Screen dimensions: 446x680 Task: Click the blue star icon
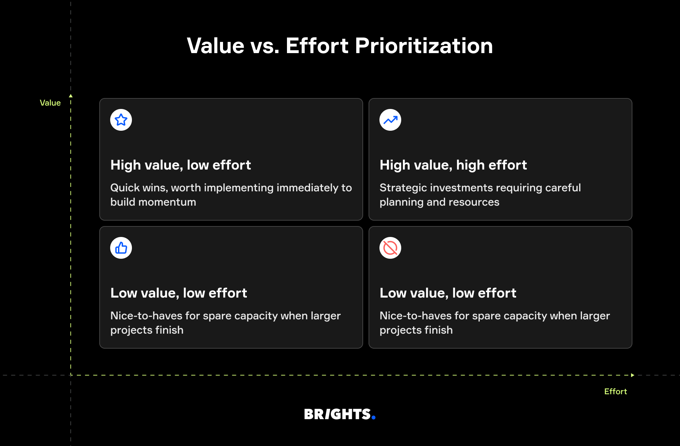coord(121,120)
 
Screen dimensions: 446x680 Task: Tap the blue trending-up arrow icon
coord(390,120)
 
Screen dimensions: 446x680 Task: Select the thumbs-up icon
coord(121,248)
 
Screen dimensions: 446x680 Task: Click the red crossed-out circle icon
coord(390,248)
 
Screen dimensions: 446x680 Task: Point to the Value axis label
coord(50,103)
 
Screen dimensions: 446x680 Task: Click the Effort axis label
coord(615,392)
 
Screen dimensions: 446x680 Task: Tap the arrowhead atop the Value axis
coord(71,96)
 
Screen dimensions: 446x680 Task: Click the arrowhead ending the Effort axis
coord(632,375)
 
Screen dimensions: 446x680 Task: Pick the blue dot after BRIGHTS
coord(373,417)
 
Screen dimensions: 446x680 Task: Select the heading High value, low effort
coord(181,165)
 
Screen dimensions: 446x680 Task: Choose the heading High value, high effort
coord(453,165)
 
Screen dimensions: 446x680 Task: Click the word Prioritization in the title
coord(424,46)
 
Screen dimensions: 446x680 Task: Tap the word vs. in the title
coord(265,46)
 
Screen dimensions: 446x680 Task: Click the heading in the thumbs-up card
coord(178,293)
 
